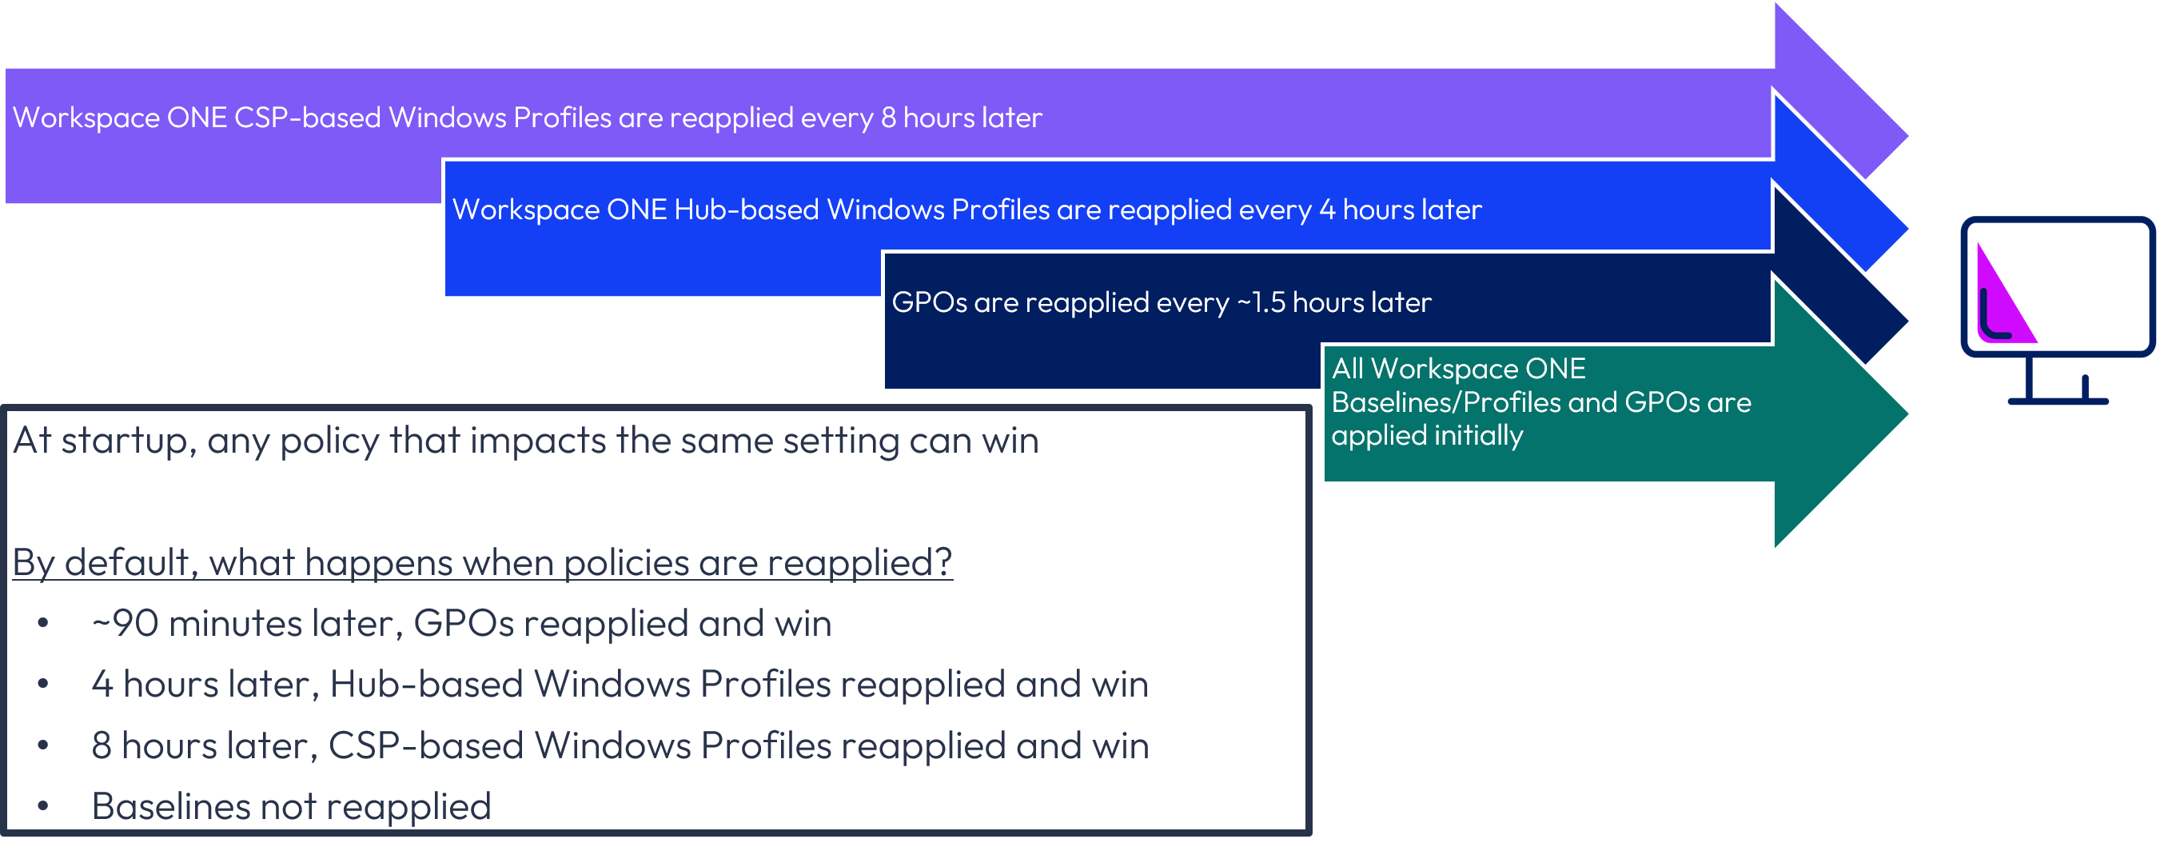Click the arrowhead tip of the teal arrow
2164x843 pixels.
point(1907,413)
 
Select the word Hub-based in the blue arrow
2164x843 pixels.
point(746,210)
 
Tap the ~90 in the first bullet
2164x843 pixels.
point(126,624)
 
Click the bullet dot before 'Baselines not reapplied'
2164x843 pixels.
point(43,807)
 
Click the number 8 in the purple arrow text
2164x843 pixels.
point(888,118)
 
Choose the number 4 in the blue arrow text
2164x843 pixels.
point(1327,210)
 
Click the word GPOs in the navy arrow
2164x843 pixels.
point(929,302)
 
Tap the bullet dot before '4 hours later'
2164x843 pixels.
point(43,685)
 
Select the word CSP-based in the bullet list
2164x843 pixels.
point(426,746)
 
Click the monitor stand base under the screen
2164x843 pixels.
point(2058,401)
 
